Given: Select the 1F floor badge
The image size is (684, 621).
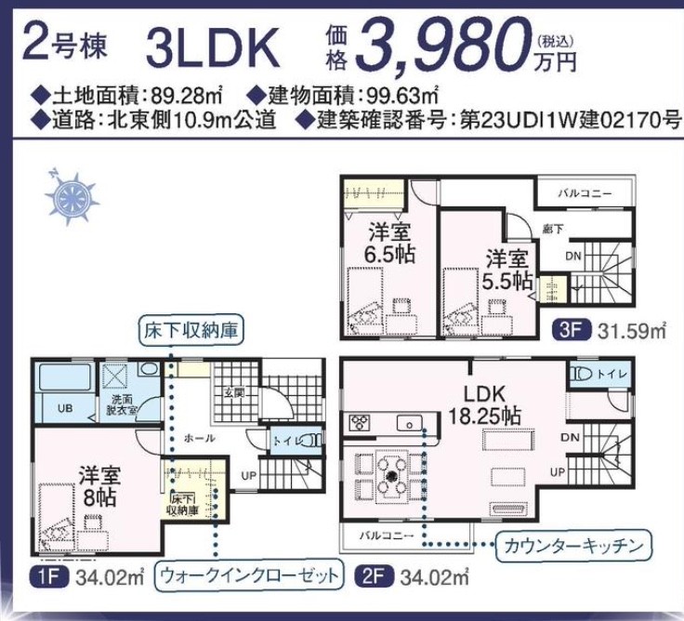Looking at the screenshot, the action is [x=49, y=577].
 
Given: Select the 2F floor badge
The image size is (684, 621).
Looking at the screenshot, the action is [x=374, y=577].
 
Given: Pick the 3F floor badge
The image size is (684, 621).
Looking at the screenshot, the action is [x=571, y=329].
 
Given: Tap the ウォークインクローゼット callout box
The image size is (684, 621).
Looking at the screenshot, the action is [x=249, y=575].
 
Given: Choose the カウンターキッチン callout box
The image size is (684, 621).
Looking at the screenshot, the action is [x=573, y=546].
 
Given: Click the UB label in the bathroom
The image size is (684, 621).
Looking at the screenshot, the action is [x=65, y=408].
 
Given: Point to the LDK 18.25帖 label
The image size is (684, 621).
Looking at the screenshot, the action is [x=484, y=405].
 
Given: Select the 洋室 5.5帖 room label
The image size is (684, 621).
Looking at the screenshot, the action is [x=508, y=270].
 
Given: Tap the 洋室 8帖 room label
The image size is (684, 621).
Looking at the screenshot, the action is [x=99, y=486].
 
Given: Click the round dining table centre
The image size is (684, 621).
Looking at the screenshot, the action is [x=392, y=475].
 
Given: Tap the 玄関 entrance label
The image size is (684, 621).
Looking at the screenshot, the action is [x=234, y=393].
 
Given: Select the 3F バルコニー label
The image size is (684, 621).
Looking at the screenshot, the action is [x=585, y=192].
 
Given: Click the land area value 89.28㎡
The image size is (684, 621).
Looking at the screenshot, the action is [x=187, y=96].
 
